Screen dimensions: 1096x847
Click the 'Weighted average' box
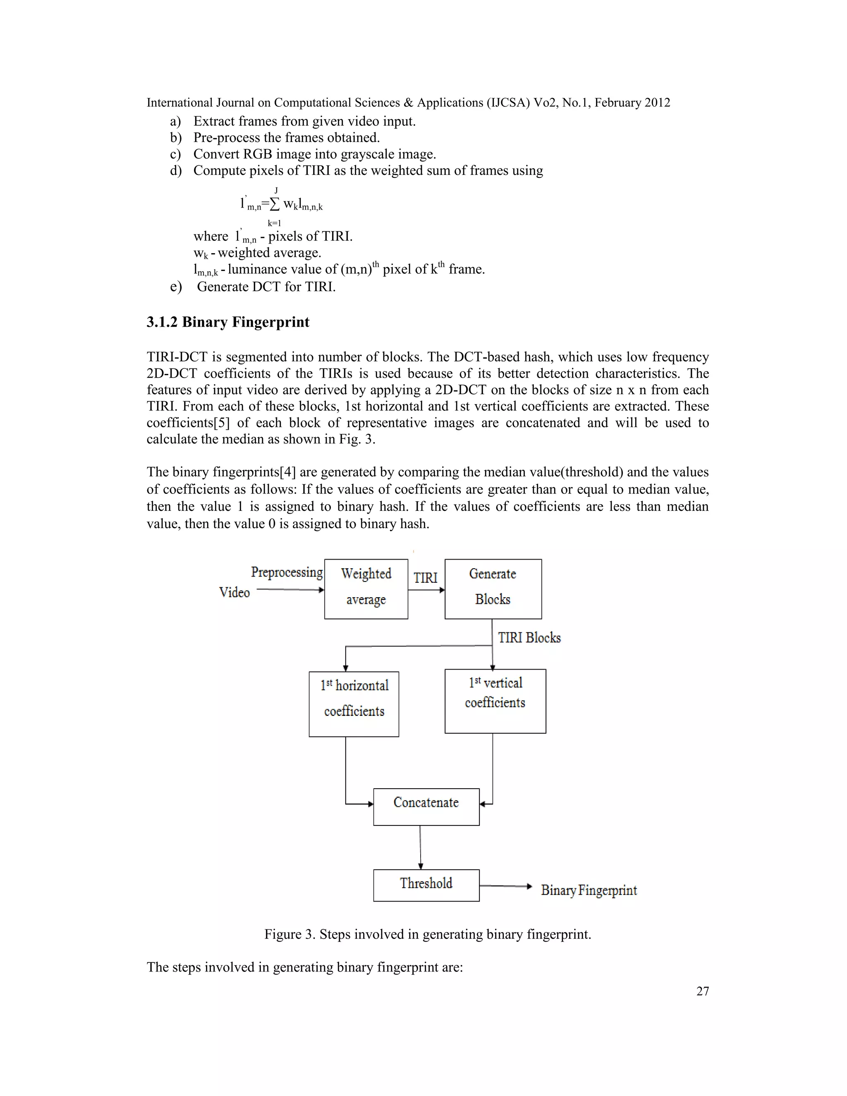366,589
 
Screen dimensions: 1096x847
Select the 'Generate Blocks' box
493,589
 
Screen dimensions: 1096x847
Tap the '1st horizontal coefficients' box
354,704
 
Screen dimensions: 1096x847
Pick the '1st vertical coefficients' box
495,701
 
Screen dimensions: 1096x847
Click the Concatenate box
426,806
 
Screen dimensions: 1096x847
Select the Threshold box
426,885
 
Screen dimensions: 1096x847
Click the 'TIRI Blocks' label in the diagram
529,638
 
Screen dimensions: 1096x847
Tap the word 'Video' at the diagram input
234,593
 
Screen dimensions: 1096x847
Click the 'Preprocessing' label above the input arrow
287,572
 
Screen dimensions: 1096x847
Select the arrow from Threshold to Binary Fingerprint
505,886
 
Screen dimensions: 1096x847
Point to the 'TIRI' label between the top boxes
426,578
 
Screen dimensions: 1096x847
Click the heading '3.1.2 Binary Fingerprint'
228,322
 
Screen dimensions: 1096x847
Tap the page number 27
703,991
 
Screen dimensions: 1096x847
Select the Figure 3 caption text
428,934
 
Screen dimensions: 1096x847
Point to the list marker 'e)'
176,287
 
